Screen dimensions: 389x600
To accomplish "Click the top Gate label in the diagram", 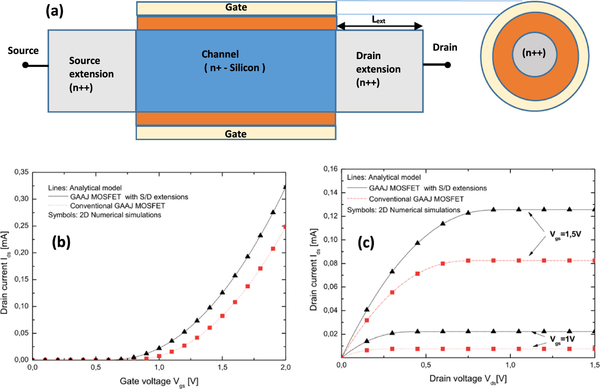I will click(236, 7).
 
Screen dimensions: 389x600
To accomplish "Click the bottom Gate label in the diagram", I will click(236, 134).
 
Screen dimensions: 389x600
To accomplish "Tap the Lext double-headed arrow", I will click(379, 26).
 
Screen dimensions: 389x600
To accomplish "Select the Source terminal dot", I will click(25, 65).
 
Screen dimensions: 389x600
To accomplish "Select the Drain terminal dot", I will click(448, 65).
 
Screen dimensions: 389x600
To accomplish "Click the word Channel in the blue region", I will click(220, 54).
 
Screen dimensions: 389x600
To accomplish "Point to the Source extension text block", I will click(91, 74).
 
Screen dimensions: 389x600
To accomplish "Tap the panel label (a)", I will click(55, 11).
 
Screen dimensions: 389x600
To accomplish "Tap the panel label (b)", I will click(61, 242).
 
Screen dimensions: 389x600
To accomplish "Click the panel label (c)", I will click(366, 243).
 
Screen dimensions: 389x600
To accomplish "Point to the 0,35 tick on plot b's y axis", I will click(21, 172).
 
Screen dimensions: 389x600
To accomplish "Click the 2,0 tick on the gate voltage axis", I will click(286, 367).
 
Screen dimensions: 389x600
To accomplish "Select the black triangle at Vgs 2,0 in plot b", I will click(286, 187).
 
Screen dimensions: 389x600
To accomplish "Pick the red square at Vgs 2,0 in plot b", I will click(285, 227).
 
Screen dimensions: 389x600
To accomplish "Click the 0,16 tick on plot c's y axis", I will click(330, 169).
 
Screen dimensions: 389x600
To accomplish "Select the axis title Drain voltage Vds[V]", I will click(468, 379).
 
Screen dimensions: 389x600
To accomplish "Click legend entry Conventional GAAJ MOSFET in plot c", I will click(416, 199).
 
